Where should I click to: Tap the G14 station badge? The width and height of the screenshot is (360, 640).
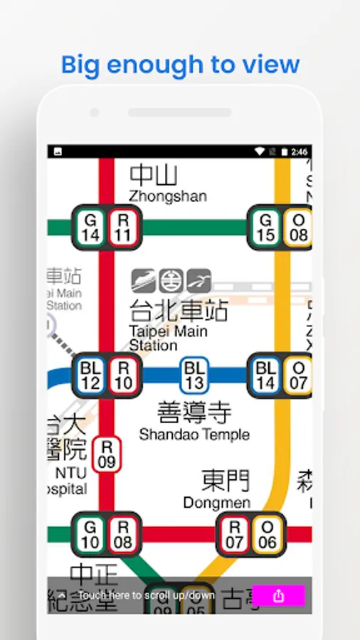[x=90, y=228]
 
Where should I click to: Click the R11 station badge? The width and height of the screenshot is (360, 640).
[x=124, y=228]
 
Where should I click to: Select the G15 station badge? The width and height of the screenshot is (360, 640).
[x=265, y=228]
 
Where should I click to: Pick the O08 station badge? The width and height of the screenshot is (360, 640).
[x=299, y=228]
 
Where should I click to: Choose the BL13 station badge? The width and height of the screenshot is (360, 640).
[x=194, y=375]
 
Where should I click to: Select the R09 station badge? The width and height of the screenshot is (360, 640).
[x=107, y=454]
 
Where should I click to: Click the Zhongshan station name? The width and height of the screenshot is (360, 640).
[x=168, y=196]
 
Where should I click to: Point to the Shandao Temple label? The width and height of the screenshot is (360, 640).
[x=194, y=434]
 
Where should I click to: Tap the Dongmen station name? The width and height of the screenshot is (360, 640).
[x=216, y=503]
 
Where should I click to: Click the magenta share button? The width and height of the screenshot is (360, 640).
[x=278, y=596]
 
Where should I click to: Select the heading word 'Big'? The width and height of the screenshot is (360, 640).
[x=78, y=65]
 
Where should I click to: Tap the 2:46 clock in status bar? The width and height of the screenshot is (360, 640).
[x=300, y=151]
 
